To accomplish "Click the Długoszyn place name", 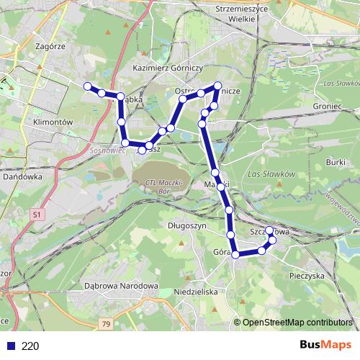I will coord(187,225).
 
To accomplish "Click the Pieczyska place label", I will coord(307,276).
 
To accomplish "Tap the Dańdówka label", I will coord(22,175).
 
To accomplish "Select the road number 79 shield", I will coord(106,325).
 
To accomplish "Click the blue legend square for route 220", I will coord(10,346).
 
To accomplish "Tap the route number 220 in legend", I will coord(30,346).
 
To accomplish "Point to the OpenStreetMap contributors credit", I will coord(296,323).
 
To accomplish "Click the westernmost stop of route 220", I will coord(88,86).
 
